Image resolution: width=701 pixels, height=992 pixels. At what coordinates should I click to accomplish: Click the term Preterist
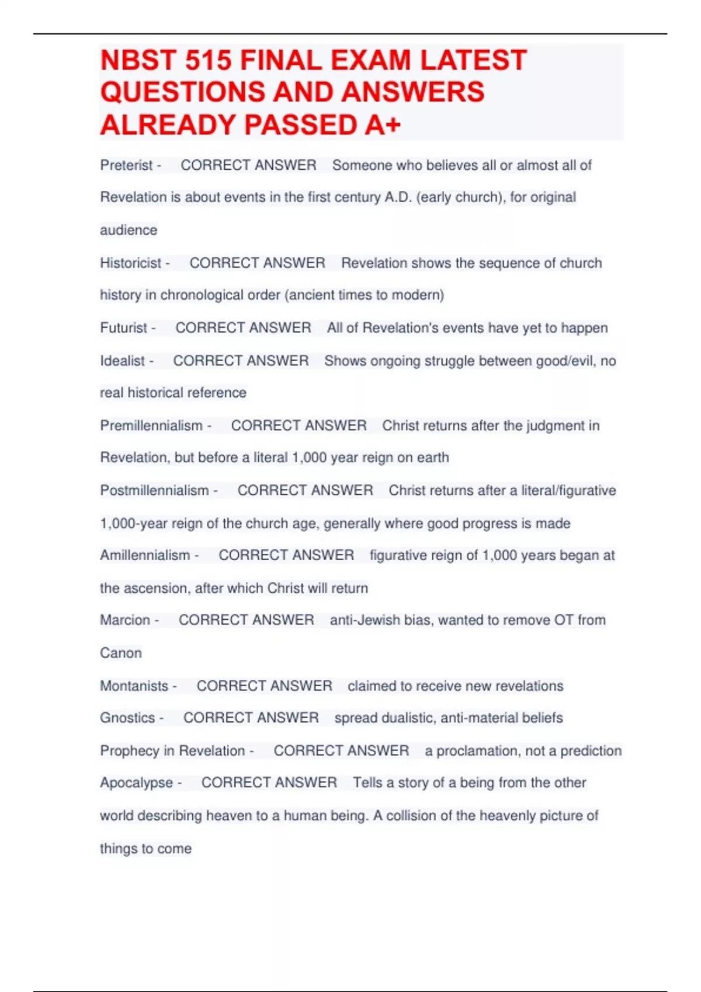[126, 165]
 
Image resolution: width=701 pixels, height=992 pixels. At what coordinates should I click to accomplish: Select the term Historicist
[130, 263]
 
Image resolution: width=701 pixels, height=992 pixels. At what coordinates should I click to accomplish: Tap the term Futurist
[123, 328]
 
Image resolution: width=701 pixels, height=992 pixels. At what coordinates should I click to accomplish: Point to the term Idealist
[122, 361]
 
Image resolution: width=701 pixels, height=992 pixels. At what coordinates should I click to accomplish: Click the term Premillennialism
[151, 425]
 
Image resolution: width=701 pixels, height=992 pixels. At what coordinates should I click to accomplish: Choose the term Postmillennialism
[154, 490]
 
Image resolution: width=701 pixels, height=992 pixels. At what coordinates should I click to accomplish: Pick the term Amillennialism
[145, 555]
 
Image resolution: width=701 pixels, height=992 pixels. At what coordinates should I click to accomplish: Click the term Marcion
[125, 620]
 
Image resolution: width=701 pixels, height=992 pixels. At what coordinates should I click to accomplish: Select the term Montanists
[134, 686]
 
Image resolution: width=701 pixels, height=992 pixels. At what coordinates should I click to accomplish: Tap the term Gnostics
[127, 718]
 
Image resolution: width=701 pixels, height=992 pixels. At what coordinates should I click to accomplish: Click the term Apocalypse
[136, 783]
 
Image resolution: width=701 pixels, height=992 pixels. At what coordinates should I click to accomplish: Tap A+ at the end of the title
[383, 125]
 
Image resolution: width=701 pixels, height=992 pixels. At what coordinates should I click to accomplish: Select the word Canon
[120, 653]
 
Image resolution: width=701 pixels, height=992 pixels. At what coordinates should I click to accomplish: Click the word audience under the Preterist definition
[129, 230]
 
